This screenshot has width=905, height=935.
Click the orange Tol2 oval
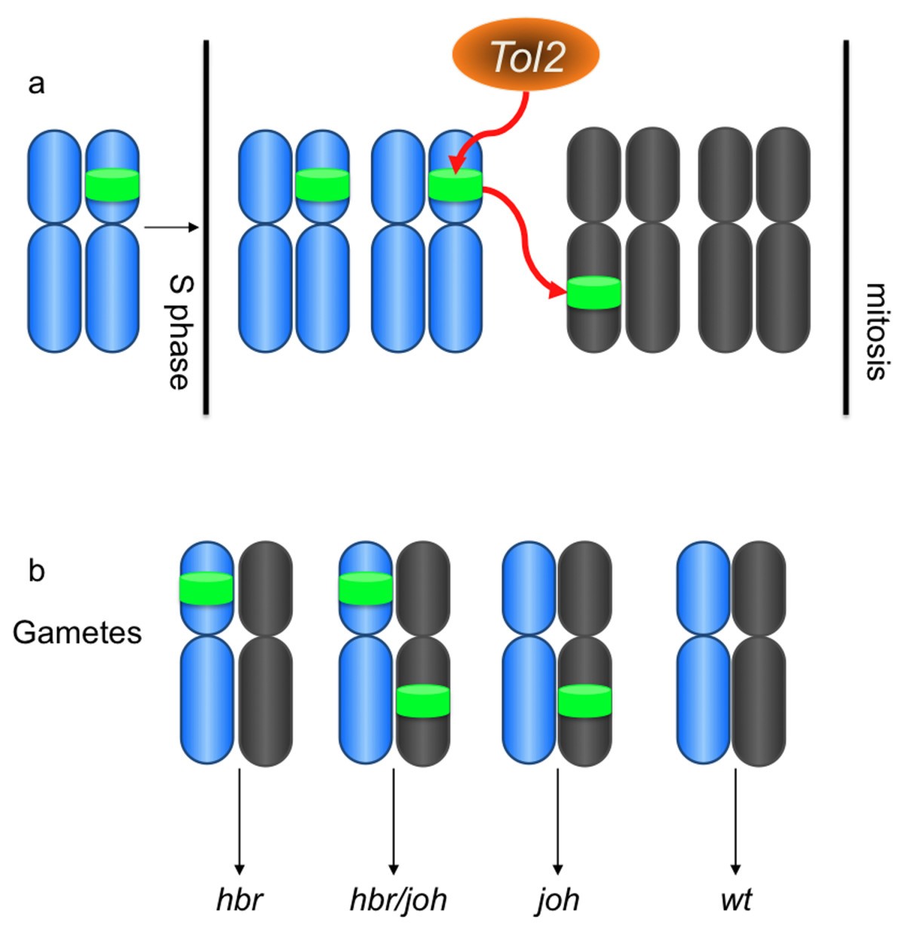pos(526,56)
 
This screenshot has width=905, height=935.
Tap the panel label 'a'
pos(36,84)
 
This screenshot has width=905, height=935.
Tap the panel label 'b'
pos(36,571)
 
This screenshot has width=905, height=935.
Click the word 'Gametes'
pos(77,632)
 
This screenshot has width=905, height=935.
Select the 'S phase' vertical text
pos(179,332)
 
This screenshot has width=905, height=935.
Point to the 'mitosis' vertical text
pos(875,332)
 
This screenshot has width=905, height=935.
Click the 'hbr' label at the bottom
pos(240,899)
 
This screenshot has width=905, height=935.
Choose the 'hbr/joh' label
pos(398,899)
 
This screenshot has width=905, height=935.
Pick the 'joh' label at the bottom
pos(558,899)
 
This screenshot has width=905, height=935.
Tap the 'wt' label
pos(736,899)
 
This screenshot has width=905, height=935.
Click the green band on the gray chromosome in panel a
pos(594,293)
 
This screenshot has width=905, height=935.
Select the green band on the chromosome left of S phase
pos(112,185)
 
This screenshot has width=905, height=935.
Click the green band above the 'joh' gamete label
pos(584,700)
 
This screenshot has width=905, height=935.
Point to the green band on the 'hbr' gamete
pos(207,588)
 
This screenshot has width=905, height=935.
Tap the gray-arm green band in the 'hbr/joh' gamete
pos(423,700)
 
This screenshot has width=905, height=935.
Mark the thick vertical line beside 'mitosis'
pos(846,226)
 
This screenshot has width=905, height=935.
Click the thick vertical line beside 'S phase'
pos(205,226)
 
